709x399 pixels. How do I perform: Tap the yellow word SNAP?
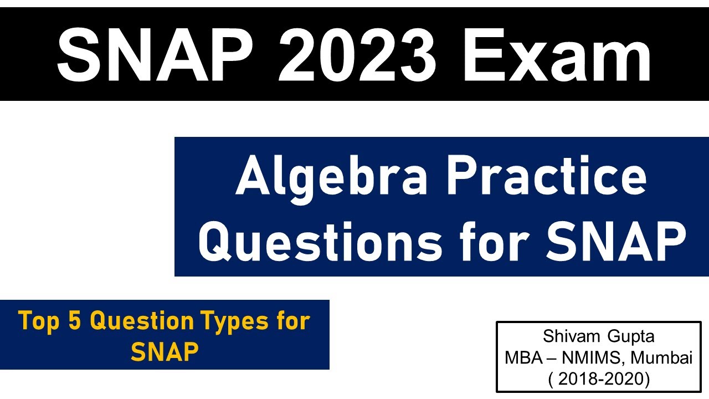click(165, 351)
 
